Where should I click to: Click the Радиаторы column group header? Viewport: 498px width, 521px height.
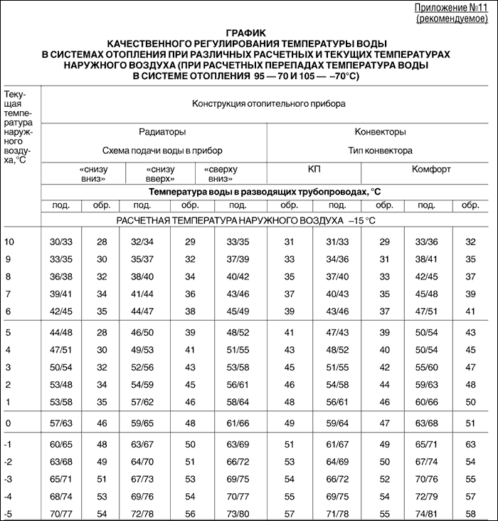point(162,132)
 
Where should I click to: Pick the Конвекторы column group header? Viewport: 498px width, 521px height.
point(380,132)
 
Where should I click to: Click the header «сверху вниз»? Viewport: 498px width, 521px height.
point(220,174)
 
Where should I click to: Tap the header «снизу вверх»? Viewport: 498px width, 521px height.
point(159,174)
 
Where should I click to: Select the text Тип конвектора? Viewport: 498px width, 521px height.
point(380,150)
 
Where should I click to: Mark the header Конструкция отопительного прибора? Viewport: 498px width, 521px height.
point(268,103)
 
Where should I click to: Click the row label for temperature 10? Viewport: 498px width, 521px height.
point(9,242)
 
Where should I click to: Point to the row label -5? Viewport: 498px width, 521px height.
point(9,512)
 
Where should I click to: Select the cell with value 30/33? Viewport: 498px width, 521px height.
point(60,242)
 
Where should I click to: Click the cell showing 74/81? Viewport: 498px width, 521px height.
point(426,512)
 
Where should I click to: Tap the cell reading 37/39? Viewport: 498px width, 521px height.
point(238,258)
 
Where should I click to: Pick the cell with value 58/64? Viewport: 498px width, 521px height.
point(238,401)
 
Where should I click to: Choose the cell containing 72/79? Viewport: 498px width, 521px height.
point(426,496)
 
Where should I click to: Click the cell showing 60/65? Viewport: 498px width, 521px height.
point(60,444)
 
